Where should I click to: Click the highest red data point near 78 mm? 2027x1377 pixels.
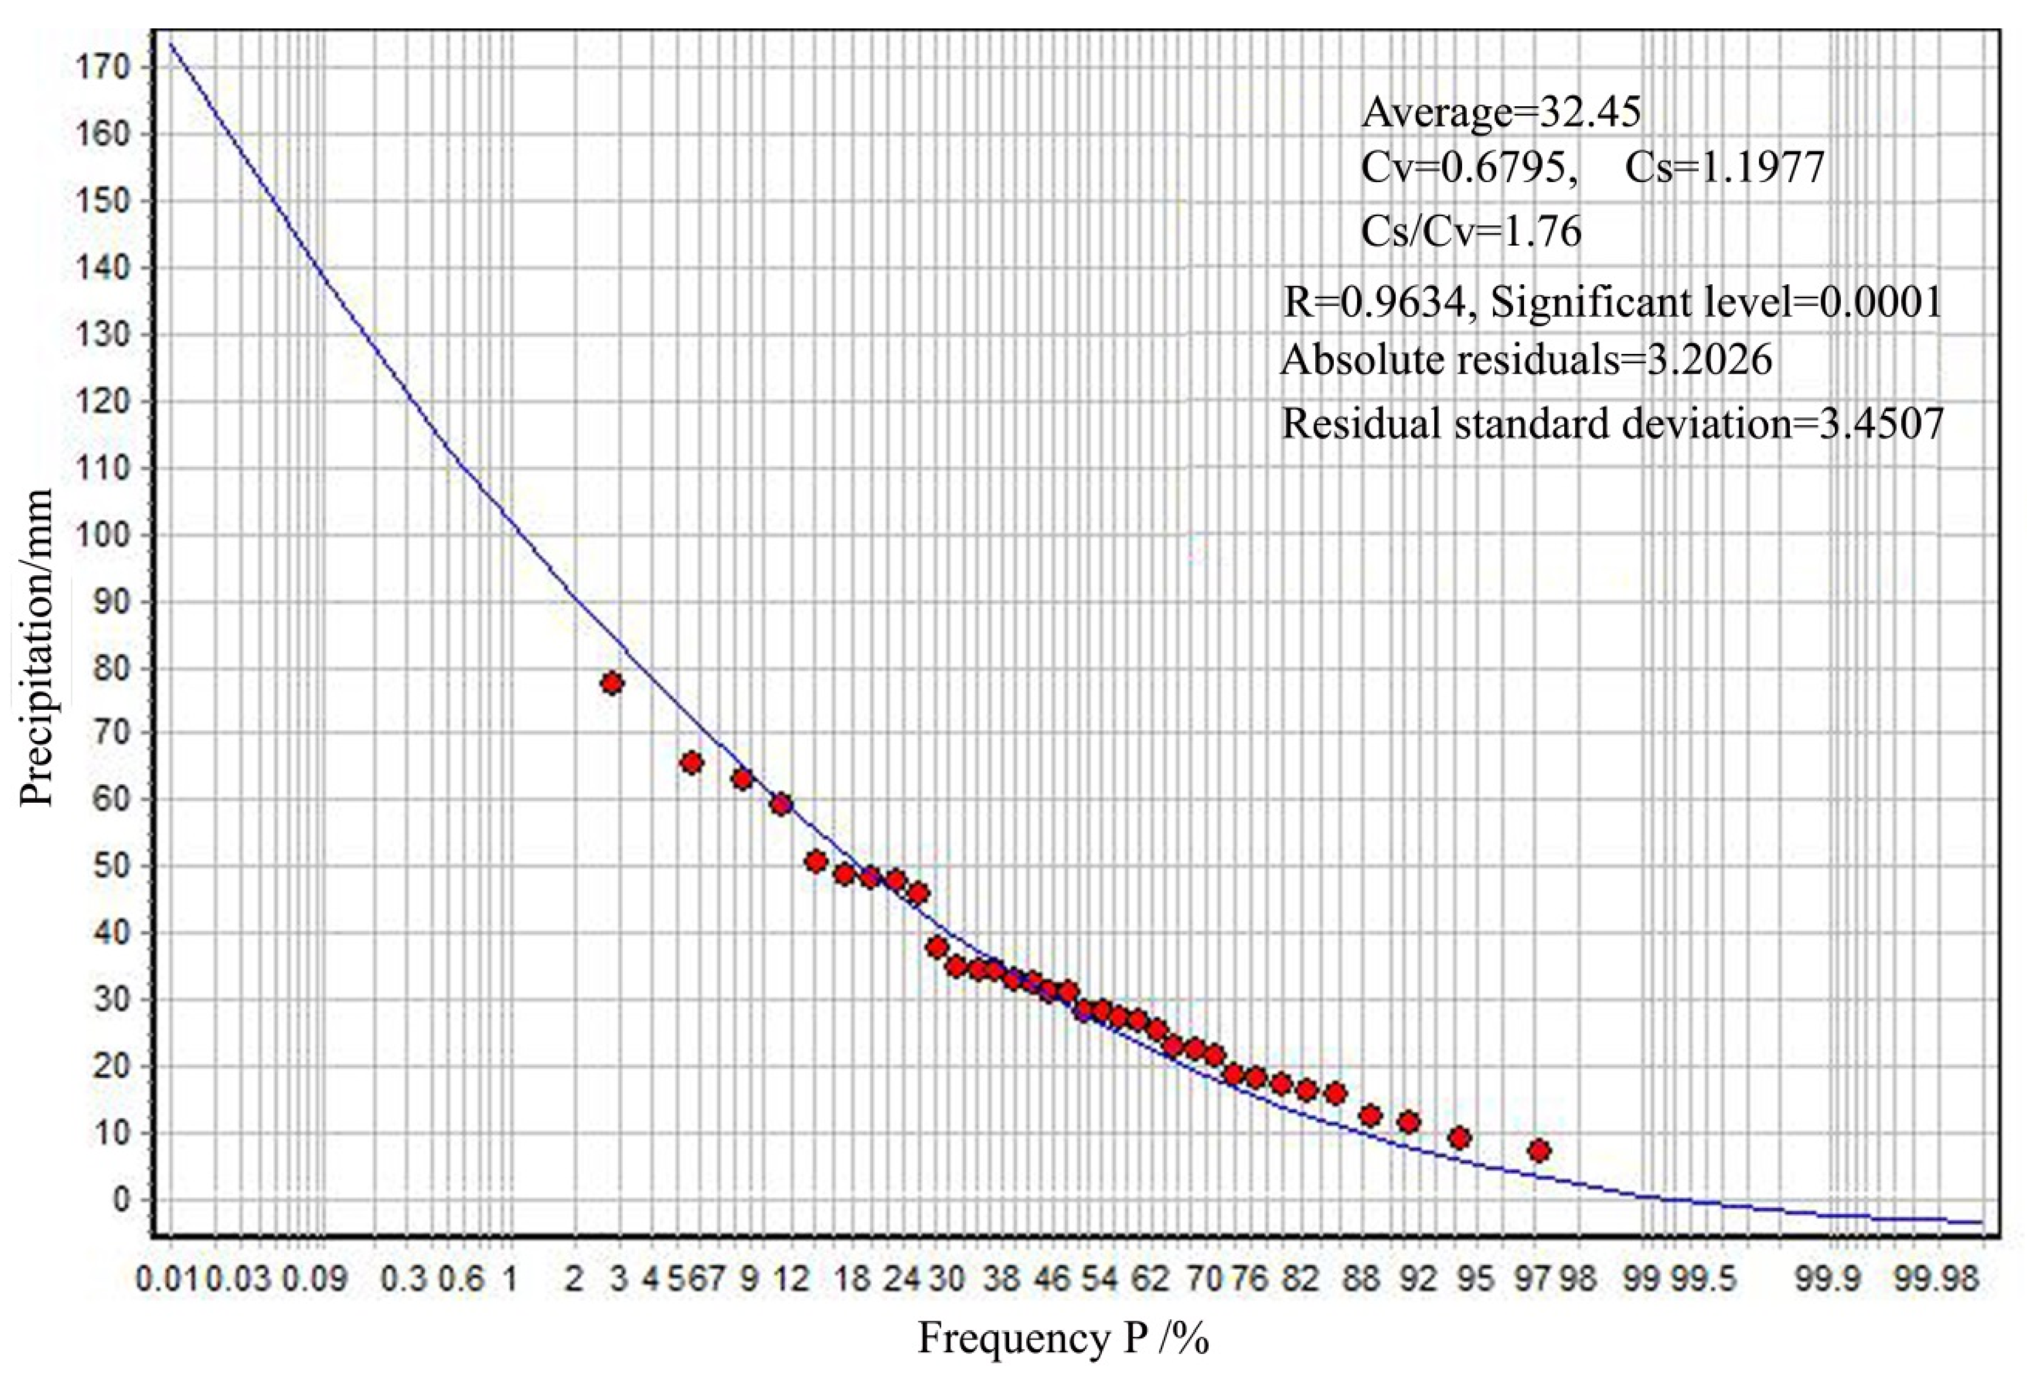pyautogui.click(x=611, y=683)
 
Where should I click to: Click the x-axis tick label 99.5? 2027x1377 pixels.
pyautogui.click(x=1705, y=1281)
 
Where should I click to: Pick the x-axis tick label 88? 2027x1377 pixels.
pyautogui.click(x=1362, y=1281)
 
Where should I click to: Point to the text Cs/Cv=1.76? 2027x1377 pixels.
pyautogui.click(x=1471, y=232)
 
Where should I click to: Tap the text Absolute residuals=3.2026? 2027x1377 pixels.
pyautogui.click(x=1526, y=360)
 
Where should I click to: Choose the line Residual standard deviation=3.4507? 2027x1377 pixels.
pyautogui.click(x=1612, y=424)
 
